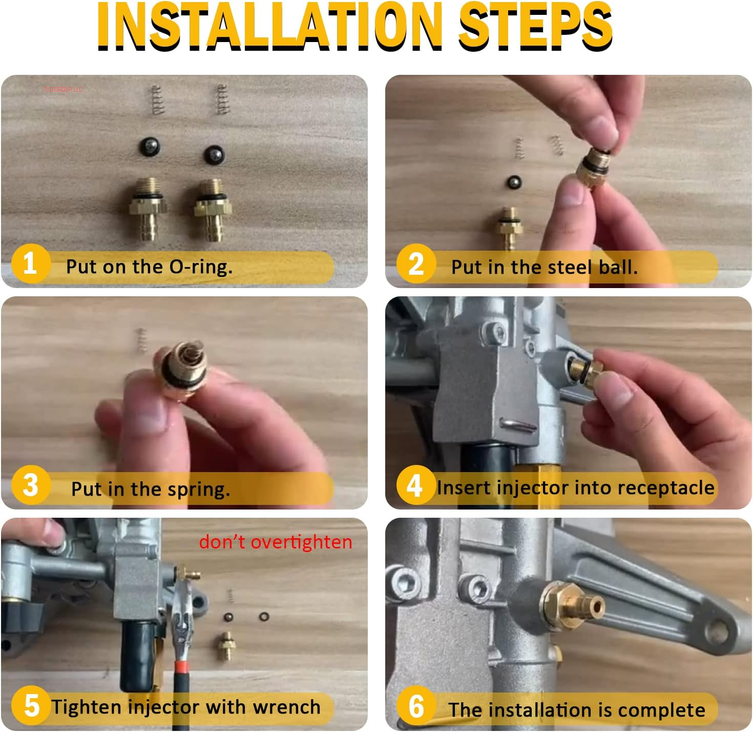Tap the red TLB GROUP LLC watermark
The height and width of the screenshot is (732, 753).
coord(63,89)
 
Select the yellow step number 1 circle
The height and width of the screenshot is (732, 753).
coord(30,264)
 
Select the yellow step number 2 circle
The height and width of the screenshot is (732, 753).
coord(416,264)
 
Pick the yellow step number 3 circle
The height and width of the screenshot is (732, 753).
coord(30,485)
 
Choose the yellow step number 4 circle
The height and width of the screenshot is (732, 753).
coord(415,485)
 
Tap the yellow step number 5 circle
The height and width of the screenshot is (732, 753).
coord(31,705)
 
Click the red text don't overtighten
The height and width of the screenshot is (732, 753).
coord(276,542)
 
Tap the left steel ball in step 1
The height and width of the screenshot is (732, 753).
coord(150,147)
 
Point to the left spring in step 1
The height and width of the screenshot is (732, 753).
coord(157,100)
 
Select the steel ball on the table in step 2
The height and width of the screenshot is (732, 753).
coord(513,182)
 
